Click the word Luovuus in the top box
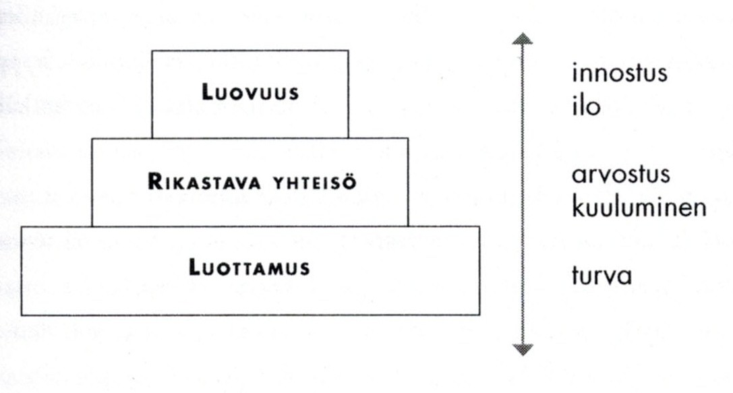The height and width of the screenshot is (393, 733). point(250,93)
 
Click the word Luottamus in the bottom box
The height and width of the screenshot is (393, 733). point(250,268)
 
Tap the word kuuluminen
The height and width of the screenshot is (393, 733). point(639,207)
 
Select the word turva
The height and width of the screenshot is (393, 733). point(602,276)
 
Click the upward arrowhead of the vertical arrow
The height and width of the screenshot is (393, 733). point(523,38)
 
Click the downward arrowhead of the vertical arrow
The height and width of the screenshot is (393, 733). point(523,349)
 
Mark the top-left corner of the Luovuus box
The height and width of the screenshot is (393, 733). point(152,51)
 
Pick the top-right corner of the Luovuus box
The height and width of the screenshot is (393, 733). point(349,51)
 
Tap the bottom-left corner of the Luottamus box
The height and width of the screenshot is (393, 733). point(22,315)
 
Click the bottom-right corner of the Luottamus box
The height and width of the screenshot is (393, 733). point(479,315)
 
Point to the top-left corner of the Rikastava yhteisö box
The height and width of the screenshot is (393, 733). point(92,138)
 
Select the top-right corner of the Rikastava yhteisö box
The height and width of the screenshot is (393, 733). point(408,138)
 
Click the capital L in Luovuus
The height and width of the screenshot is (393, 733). point(206,93)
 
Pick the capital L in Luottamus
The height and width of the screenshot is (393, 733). point(194,268)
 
